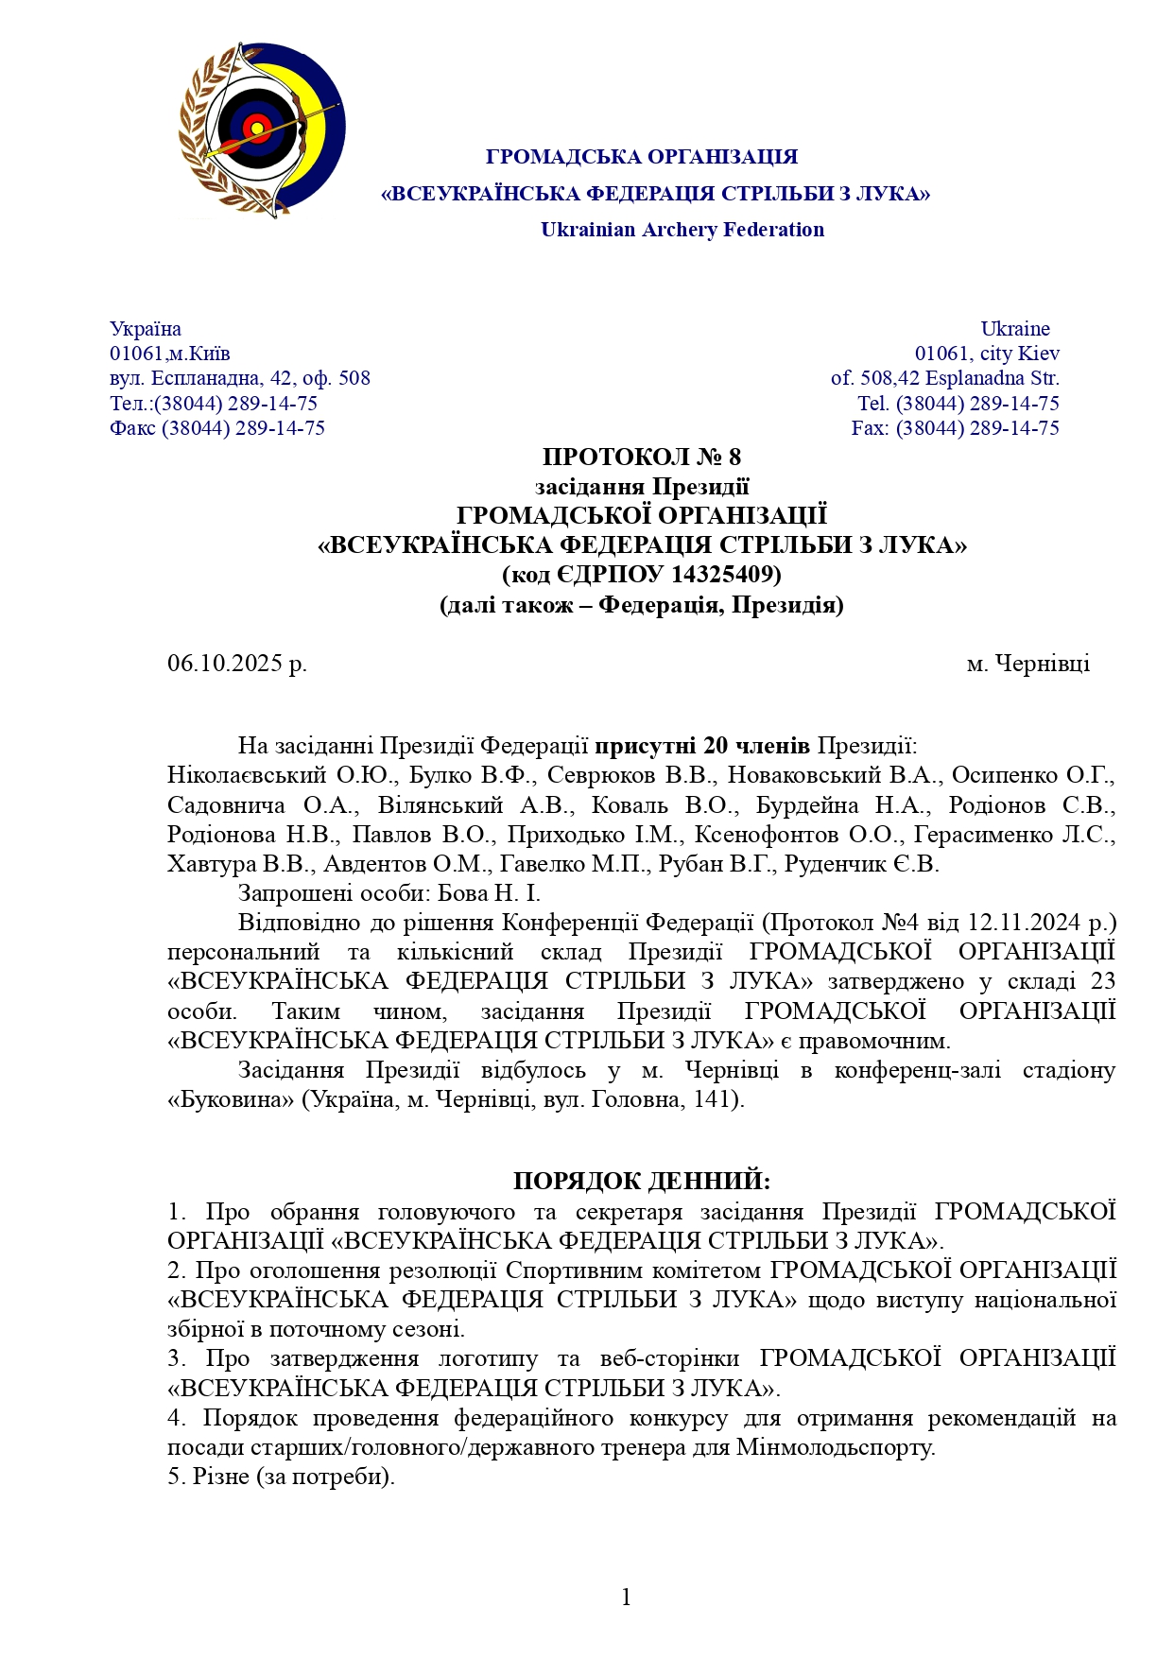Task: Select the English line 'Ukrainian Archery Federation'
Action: pyautogui.click(x=682, y=230)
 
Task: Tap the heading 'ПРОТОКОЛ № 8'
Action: pyautogui.click(x=641, y=458)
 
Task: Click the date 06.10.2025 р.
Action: pyautogui.click(x=237, y=664)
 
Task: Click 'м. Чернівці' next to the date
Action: pyautogui.click(x=1027, y=664)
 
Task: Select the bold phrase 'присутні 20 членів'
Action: pyautogui.click(x=701, y=746)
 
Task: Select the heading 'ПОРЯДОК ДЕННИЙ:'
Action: pyautogui.click(x=641, y=1182)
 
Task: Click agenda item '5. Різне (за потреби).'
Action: pyautogui.click(x=281, y=1477)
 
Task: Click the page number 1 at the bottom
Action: pyautogui.click(x=626, y=1598)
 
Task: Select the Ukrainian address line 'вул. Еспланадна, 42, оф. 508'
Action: pyautogui.click(x=240, y=379)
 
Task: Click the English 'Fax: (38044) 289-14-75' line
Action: pyautogui.click(x=955, y=428)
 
